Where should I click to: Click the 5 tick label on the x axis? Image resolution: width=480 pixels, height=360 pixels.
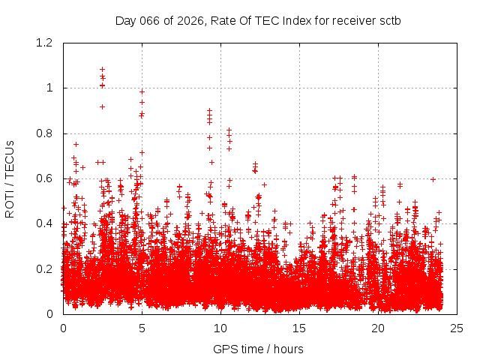(x=142, y=328)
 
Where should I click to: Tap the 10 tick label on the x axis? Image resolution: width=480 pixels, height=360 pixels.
(x=220, y=328)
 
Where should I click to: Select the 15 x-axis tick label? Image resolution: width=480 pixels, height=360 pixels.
(x=299, y=328)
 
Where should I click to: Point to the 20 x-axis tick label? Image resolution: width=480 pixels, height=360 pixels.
(x=378, y=328)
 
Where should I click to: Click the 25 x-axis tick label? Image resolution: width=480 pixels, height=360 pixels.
(x=457, y=328)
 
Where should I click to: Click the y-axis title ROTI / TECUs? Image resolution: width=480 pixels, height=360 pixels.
(x=10, y=178)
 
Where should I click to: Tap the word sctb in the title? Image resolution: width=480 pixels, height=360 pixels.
(x=389, y=20)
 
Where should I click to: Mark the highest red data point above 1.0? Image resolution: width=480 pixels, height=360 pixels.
(x=102, y=70)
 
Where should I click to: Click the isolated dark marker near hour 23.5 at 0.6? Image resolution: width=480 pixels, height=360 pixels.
(x=433, y=179)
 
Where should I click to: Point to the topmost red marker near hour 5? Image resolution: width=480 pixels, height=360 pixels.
(x=142, y=92)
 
